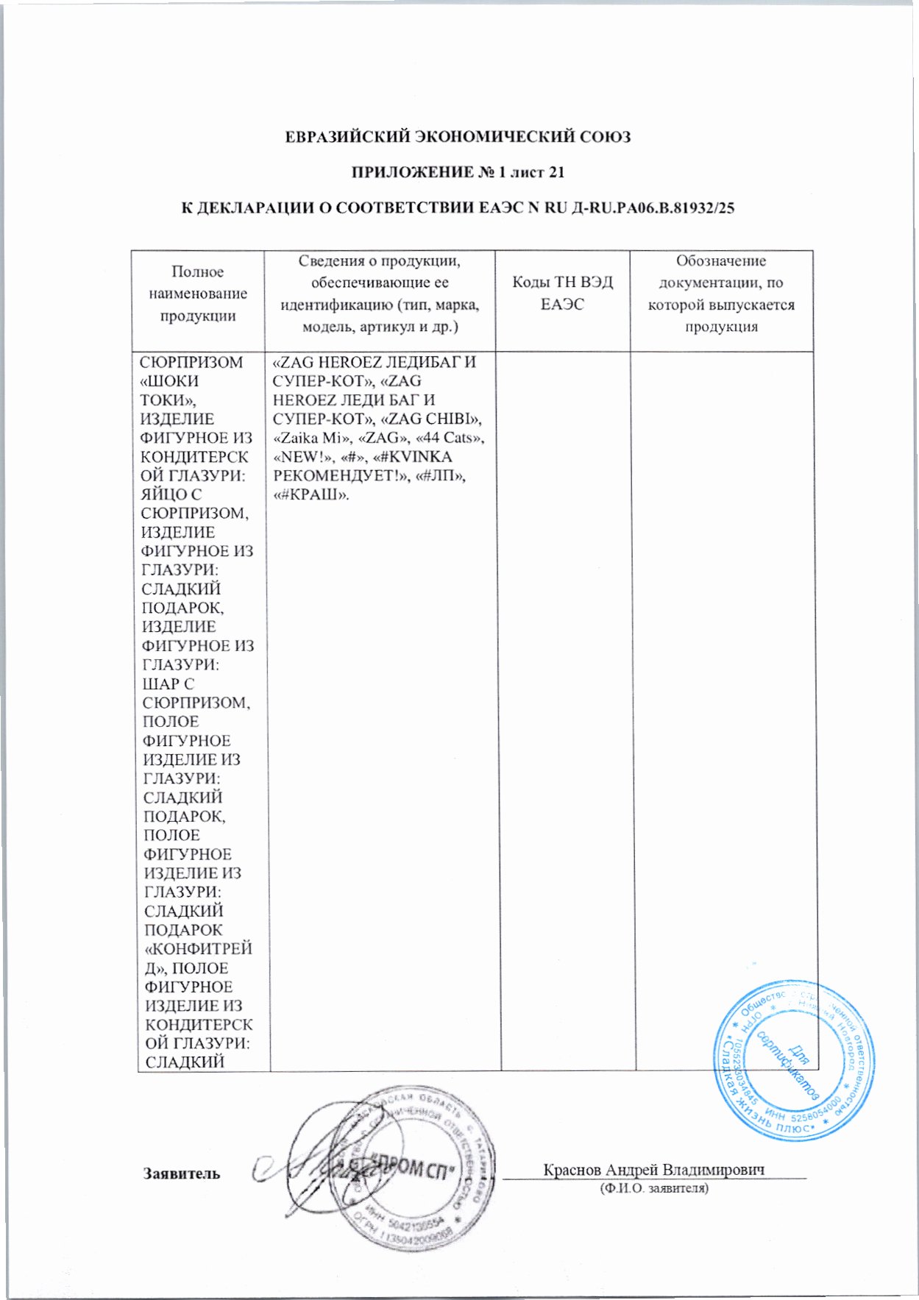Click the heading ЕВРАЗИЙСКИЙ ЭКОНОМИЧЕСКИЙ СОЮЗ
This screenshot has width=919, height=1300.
point(458,137)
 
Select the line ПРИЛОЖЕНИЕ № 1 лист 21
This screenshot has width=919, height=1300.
point(458,172)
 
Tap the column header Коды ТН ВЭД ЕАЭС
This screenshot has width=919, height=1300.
point(562,293)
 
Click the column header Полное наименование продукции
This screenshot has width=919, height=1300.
point(198,294)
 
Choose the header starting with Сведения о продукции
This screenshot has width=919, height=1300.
point(380,293)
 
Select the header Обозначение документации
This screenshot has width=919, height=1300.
point(721,293)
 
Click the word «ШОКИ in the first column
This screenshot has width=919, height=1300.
point(169,381)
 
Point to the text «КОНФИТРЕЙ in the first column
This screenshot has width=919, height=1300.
point(198,949)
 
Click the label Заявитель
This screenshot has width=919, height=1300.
point(181,1173)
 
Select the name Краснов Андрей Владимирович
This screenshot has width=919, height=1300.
point(654,1169)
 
